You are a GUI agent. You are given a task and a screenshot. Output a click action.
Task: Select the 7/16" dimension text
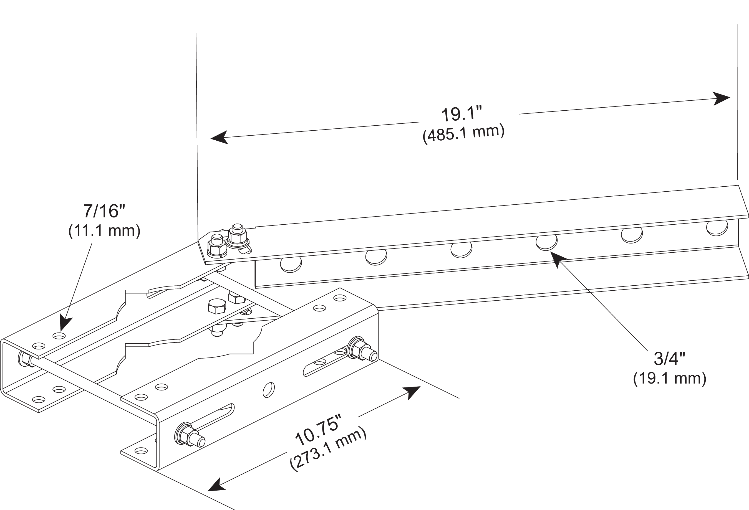(104, 211)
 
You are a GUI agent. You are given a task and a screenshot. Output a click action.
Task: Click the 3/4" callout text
(669, 359)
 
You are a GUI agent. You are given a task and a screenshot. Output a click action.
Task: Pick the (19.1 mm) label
(669, 378)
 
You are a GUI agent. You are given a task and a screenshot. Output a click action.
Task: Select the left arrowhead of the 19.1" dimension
(220, 138)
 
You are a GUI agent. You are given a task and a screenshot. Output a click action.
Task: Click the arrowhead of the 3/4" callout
(558, 259)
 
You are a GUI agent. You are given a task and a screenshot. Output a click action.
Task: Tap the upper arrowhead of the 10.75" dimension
(413, 392)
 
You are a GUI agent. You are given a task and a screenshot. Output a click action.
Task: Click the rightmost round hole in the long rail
(717, 227)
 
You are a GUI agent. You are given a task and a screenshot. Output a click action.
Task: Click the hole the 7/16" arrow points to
(59, 336)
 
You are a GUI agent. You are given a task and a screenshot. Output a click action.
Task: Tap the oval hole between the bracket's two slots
(268, 390)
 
